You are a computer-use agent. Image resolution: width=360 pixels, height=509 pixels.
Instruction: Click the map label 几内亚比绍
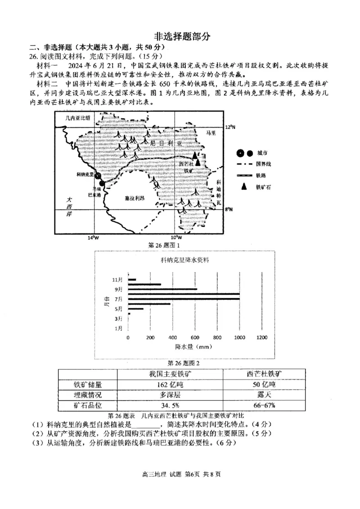(77, 118)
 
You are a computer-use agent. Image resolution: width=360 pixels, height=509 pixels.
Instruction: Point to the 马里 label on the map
(211, 133)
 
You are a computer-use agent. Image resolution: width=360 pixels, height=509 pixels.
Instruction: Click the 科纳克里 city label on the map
(84, 174)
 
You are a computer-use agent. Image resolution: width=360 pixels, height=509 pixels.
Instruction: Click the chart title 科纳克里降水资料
(184, 260)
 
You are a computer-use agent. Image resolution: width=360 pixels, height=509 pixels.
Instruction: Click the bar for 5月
(136, 309)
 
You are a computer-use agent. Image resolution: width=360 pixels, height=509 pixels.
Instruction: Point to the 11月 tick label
(118, 280)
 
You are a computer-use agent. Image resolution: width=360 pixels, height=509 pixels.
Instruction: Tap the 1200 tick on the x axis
(261, 338)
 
